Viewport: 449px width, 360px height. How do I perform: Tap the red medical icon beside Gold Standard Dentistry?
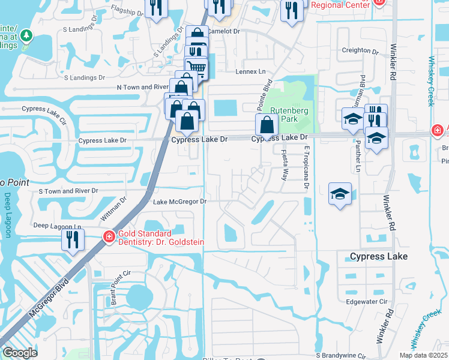tap(109, 237)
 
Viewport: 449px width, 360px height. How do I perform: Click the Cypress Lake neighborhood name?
tap(379, 256)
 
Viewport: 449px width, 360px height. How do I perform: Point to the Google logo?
tap(20, 352)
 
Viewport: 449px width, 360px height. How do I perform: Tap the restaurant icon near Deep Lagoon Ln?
tap(73, 240)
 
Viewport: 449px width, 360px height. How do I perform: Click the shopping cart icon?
tap(197, 67)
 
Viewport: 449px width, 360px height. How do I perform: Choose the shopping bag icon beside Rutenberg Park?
tap(267, 125)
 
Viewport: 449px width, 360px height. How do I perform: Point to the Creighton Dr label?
tap(360, 50)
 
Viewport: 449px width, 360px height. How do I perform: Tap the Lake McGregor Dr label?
tap(179, 202)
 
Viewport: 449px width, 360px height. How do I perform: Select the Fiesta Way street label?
tap(285, 165)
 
